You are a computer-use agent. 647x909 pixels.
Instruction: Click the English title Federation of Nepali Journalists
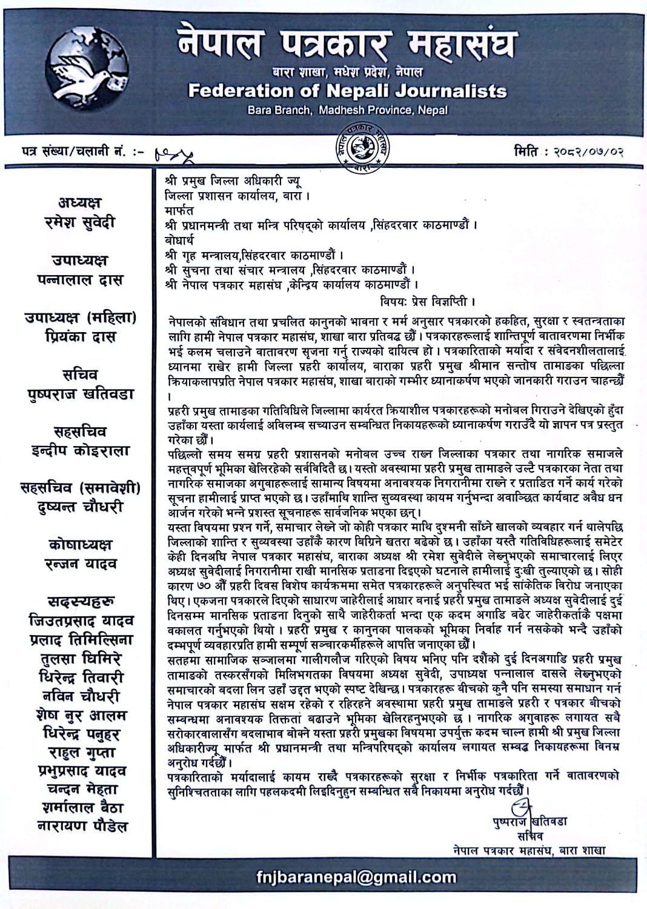[347, 91]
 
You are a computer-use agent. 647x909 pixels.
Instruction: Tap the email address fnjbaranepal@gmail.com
[357, 876]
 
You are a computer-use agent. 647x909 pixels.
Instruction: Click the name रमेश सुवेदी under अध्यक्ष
[79, 222]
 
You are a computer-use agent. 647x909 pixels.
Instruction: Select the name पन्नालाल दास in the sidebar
[79, 279]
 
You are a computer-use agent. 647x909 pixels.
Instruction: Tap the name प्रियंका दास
[80, 336]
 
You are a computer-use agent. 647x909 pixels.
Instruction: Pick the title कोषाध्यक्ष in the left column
[80, 545]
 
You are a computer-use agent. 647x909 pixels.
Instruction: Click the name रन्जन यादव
[80, 564]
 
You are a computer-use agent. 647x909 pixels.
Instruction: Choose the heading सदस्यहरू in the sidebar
[80, 602]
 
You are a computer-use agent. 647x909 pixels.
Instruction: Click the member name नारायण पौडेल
[80, 825]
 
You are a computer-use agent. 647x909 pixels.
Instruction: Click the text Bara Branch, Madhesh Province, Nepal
[347, 110]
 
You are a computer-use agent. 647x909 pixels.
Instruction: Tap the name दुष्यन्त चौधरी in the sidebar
[80, 507]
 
